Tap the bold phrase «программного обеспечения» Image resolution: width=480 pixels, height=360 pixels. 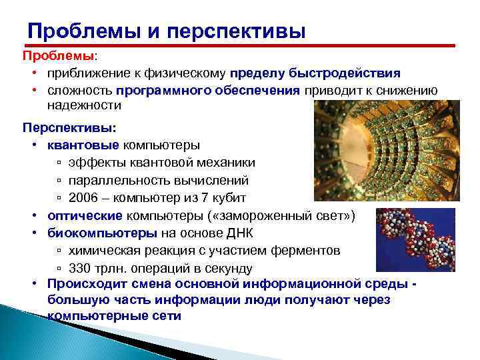[208, 90]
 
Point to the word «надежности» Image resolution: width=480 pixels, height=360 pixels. [84, 105]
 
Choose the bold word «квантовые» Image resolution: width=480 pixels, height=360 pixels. [83, 145]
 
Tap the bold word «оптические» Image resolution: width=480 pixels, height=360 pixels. [85, 216]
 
